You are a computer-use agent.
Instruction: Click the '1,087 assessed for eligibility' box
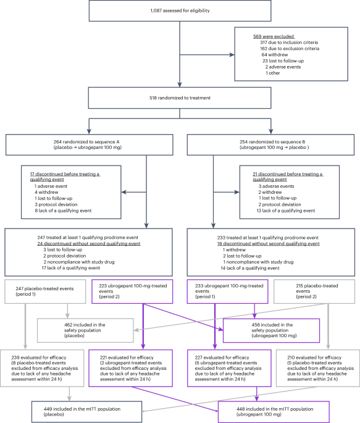[180, 10]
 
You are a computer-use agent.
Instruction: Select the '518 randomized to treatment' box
[180, 98]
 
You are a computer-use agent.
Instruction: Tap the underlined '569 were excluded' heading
[274, 36]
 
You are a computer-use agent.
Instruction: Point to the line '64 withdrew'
[275, 55]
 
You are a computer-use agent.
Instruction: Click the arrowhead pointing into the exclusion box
[232, 55]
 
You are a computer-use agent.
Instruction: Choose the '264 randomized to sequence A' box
[90, 145]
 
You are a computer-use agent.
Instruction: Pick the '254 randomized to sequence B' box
[270, 145]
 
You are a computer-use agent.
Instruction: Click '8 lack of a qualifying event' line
[63, 211]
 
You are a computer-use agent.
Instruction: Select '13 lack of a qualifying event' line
[286, 211]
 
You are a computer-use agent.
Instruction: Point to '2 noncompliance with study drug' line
[79, 262]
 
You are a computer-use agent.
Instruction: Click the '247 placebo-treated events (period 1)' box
[45, 291]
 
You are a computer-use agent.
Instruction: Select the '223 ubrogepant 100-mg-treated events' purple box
[132, 291]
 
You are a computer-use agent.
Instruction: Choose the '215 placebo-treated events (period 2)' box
[314, 291]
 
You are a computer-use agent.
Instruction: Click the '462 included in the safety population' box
[85, 330]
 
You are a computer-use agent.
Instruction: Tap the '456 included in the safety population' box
[271, 330]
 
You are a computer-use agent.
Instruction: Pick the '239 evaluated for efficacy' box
[42, 368]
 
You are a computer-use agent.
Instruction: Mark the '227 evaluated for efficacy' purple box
[229, 368]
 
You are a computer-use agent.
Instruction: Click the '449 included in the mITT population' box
[87, 412]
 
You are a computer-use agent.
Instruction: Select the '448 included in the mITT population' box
[274, 412]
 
